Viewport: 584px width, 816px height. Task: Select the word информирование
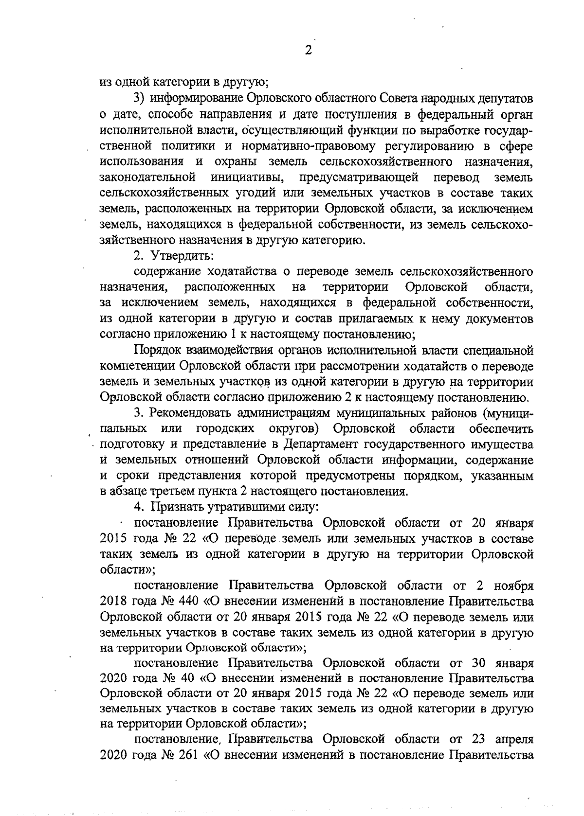(x=195, y=99)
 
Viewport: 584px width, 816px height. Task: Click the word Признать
(x=177, y=507)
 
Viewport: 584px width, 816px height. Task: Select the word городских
(x=225, y=429)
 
